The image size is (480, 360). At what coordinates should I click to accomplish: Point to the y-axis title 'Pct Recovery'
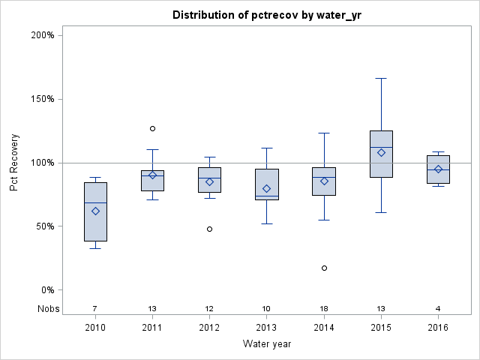pos(15,163)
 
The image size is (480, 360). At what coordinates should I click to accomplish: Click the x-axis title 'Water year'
pos(266,344)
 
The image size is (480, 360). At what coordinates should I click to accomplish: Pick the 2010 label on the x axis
pos(95,328)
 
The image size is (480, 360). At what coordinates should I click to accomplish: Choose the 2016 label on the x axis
pos(438,328)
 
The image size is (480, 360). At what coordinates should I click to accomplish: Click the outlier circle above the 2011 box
pos(152,129)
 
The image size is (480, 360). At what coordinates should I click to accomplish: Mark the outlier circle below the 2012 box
pos(209,229)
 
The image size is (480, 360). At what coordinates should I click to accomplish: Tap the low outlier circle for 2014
pos(324,268)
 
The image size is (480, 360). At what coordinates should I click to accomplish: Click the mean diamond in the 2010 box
pos(95,211)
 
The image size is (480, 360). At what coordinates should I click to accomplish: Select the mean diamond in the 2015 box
pos(381,152)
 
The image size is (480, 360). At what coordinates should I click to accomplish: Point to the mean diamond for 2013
pos(267,188)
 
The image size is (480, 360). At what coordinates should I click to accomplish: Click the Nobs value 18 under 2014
pos(324,309)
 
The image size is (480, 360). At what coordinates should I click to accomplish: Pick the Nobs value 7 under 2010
pos(95,309)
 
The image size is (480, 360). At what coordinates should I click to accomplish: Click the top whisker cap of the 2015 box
pos(381,78)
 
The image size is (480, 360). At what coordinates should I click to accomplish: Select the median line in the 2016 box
pos(438,169)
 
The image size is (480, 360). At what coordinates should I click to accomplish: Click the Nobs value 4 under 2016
pos(438,309)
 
